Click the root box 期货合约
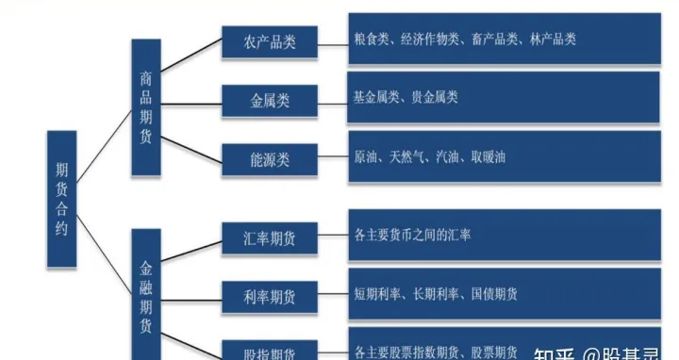[61, 201]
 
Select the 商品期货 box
[145, 107]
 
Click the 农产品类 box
[270, 43]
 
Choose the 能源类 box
[270, 158]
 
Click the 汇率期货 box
[270, 238]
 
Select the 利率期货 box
[270, 296]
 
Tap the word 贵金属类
[435, 97]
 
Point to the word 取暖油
[485, 157]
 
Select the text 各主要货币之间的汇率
[412, 234]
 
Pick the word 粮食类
[371, 40]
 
